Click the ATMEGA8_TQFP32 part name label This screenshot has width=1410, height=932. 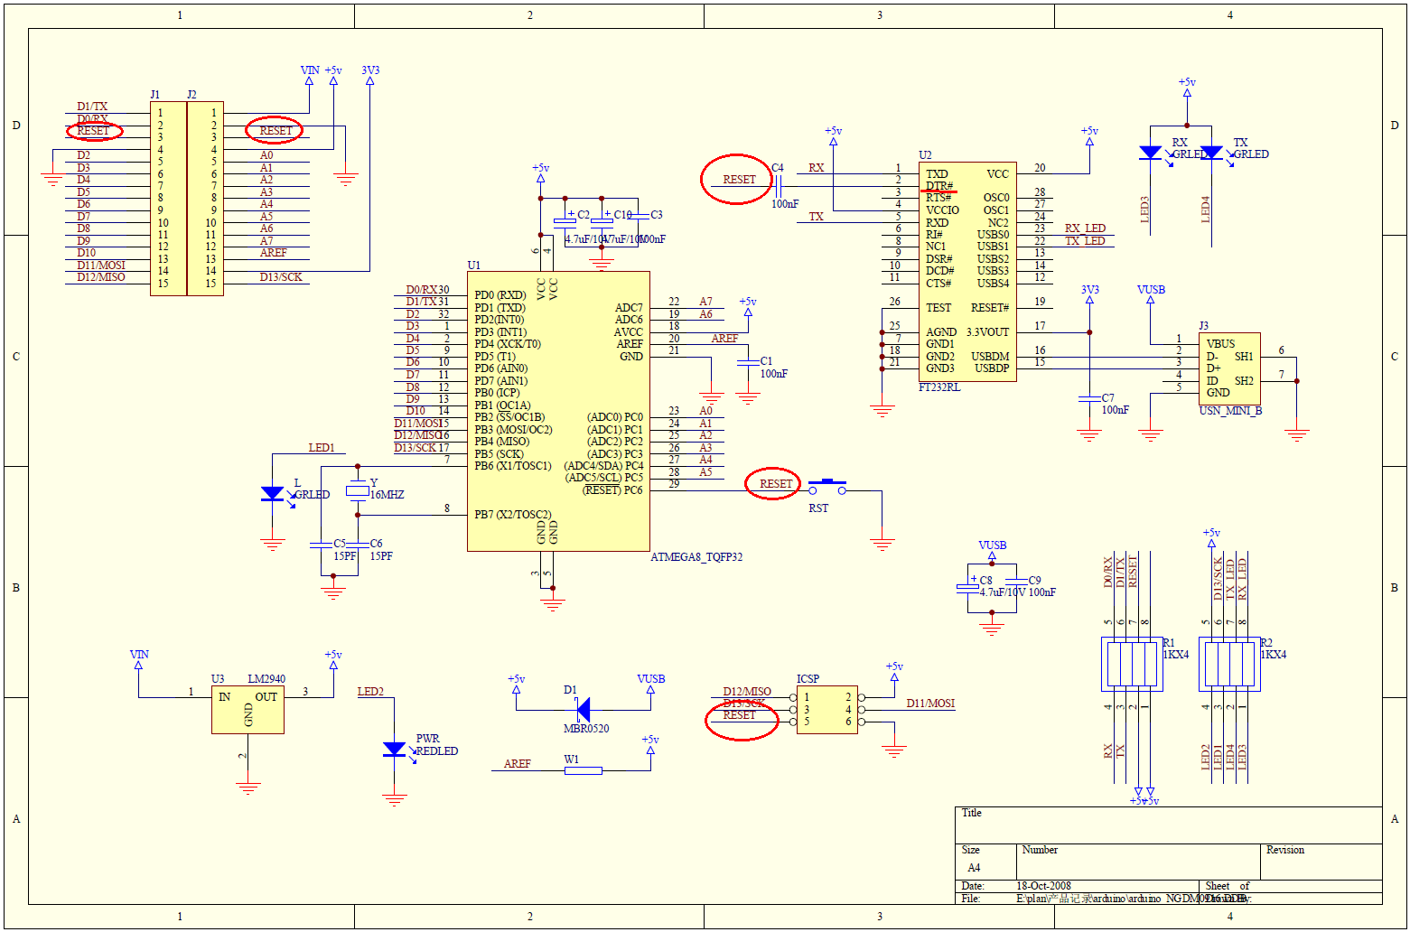[x=696, y=557]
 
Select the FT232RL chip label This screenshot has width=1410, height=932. [x=938, y=387]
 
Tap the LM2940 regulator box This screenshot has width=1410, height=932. [x=247, y=710]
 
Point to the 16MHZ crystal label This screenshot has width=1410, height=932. [x=387, y=495]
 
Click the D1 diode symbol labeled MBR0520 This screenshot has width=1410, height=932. [x=583, y=710]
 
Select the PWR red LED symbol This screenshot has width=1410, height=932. [x=394, y=750]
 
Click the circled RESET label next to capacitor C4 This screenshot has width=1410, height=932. [x=739, y=180]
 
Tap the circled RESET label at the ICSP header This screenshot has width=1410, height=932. [x=739, y=715]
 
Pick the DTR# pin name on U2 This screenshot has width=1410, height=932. [x=938, y=186]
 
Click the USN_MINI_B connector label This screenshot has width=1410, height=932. [x=1230, y=411]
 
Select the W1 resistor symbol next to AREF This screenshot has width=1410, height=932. [x=584, y=770]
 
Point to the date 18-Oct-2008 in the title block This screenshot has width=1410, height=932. [x=1043, y=886]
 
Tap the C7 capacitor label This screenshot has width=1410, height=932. [x=1107, y=397]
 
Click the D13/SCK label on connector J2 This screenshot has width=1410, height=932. [x=281, y=277]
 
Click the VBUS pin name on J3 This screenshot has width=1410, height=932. [x=1220, y=344]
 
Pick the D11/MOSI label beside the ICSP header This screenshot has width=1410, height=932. [x=930, y=704]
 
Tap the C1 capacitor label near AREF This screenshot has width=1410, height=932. [x=766, y=361]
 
